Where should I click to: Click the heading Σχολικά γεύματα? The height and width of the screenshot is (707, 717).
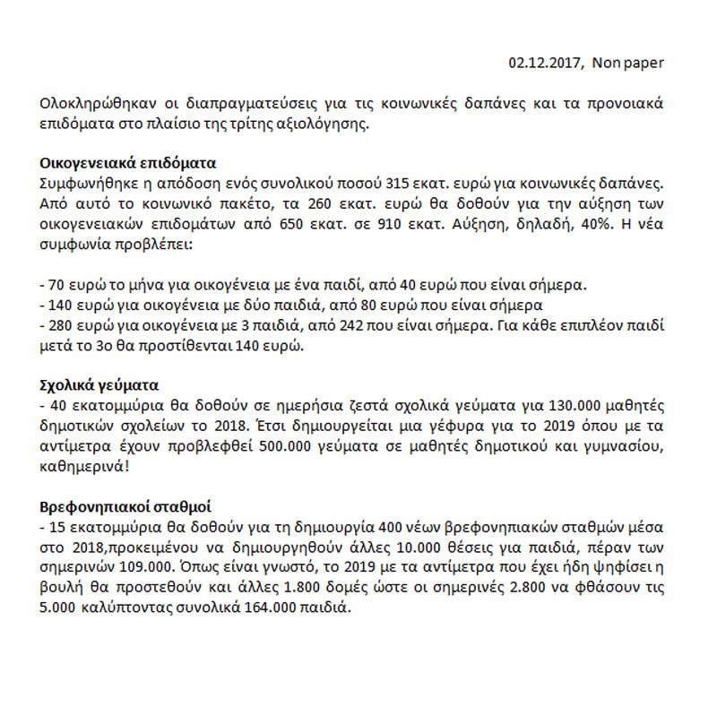[x=99, y=385]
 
